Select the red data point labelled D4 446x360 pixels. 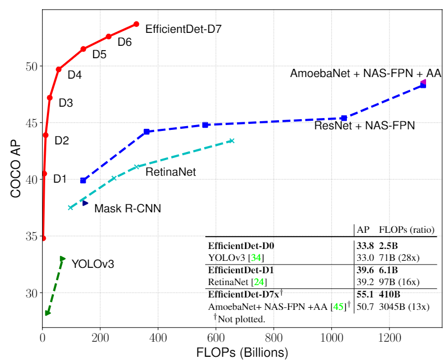59,69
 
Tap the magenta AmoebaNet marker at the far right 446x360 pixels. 423,82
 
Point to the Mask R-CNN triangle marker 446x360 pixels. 85,203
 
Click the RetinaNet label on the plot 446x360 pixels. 171,172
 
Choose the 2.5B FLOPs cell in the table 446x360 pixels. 389,246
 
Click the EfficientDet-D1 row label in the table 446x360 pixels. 241,270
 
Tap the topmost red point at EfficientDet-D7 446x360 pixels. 136,24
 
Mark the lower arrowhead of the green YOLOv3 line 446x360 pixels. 47,313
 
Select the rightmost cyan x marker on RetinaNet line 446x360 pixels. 232,141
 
